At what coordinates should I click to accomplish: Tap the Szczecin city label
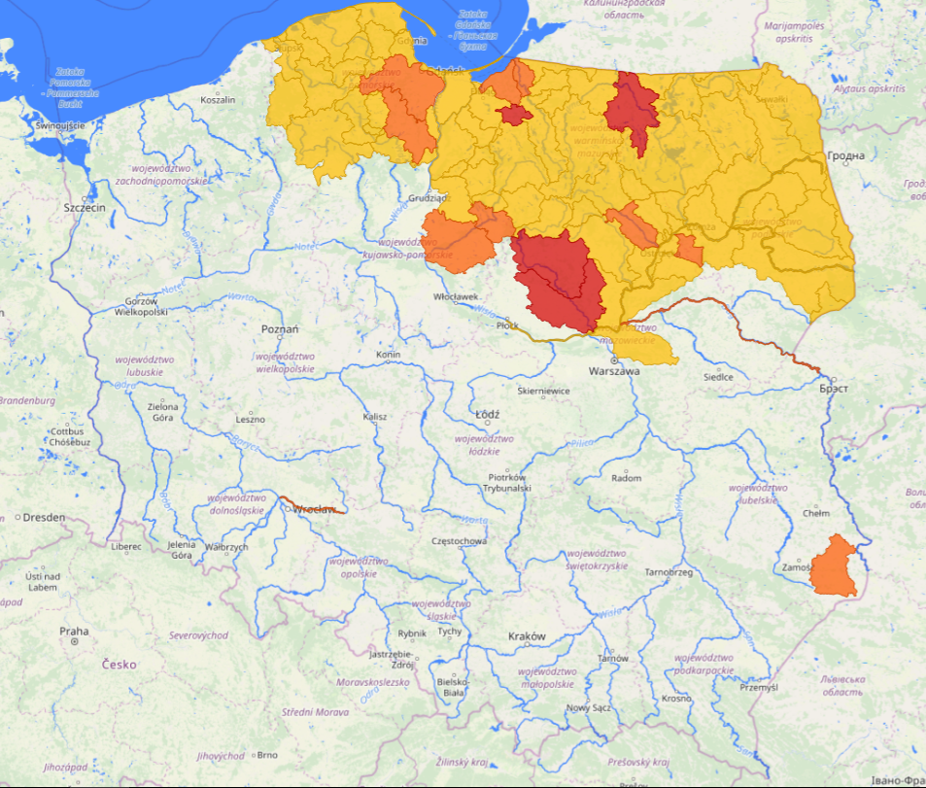coord(84,208)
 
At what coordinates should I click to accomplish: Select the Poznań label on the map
coord(280,329)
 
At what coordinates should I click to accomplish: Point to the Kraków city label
coord(527,636)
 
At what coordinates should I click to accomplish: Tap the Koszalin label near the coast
coord(218,100)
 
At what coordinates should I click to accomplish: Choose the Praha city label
coord(74,632)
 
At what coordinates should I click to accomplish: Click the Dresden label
coord(46,517)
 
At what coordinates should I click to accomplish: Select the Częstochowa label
coord(459,540)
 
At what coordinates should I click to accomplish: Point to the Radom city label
coord(627,478)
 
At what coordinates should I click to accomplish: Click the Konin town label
coord(388,355)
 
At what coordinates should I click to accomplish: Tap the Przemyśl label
coord(759,687)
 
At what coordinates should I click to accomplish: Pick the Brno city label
coord(267,754)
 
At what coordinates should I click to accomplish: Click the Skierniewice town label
coord(544,392)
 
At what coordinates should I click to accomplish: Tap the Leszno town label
coord(250,419)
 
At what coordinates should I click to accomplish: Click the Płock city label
coord(508,325)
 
